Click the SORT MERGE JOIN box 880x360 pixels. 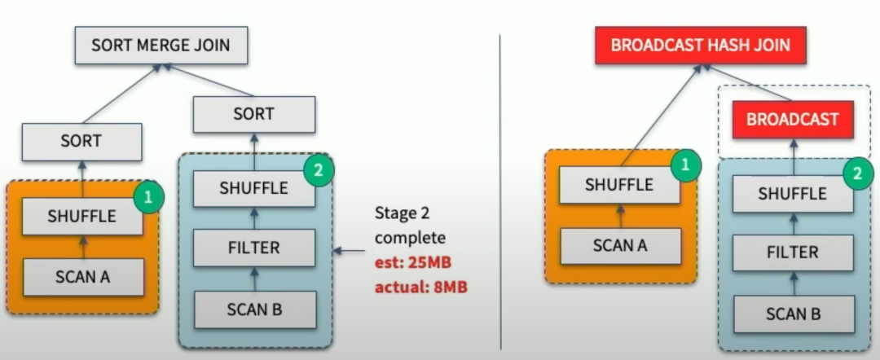pos(161,45)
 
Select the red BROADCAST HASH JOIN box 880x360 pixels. pos(700,44)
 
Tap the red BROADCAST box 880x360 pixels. pos(792,119)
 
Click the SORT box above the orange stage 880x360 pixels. pos(81,141)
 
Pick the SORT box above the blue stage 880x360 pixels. pos(253,114)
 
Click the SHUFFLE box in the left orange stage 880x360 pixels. pos(81,217)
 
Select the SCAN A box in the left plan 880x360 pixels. pos(82,277)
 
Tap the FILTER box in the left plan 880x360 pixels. pos(253,248)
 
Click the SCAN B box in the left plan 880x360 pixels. pos(253,308)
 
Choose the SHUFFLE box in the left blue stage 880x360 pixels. pos(253,187)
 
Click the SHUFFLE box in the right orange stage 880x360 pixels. pos(619,185)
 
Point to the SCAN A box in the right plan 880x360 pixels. pos(619,245)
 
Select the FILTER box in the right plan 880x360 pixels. pos(792,252)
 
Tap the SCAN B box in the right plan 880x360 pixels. pos(792,313)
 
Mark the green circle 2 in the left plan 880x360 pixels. pos(319,170)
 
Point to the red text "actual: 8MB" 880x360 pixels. pos(420,288)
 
